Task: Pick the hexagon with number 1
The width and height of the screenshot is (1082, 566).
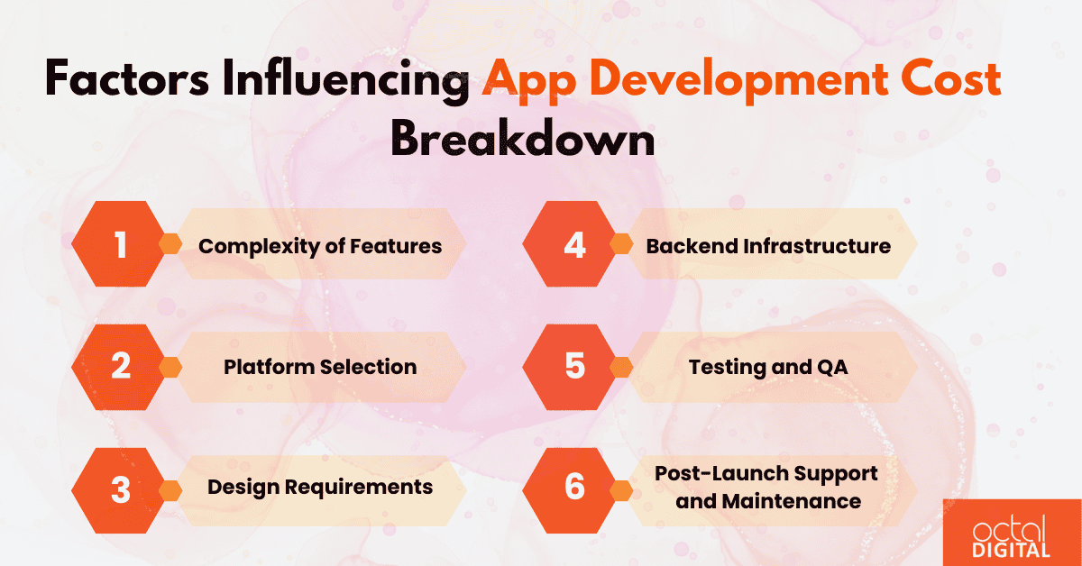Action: click(121, 245)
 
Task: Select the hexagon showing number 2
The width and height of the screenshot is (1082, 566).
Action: click(121, 367)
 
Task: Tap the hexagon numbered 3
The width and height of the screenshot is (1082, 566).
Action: click(121, 488)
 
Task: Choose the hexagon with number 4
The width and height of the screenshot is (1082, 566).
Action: click(574, 245)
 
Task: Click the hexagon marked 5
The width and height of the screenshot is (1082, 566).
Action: click(574, 367)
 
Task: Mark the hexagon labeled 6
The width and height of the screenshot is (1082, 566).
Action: click(574, 488)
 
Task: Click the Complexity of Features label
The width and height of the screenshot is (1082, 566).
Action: click(320, 246)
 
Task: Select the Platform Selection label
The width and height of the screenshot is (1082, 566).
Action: click(320, 367)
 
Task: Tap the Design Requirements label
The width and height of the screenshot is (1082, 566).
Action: click(320, 488)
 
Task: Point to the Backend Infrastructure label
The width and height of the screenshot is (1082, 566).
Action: click(768, 246)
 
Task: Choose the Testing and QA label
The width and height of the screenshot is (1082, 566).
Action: click(768, 367)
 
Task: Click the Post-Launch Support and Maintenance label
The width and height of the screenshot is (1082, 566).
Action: click(768, 487)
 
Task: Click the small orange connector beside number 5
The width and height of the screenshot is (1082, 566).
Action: click(621, 367)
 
